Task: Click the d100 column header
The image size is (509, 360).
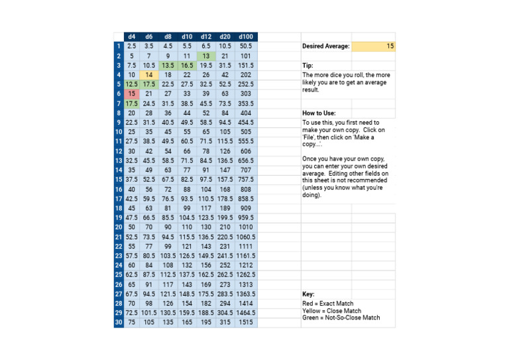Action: point(246,36)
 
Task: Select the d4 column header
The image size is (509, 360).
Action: point(131,36)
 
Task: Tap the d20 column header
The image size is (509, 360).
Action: point(225,36)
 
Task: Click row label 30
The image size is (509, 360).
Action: point(118,322)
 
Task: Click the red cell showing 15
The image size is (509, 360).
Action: point(131,94)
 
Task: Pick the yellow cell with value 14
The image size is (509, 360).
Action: point(149,75)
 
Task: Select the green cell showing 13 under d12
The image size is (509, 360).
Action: point(206,56)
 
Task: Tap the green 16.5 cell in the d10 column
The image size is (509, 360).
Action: point(187,66)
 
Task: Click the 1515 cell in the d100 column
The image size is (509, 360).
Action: point(246,322)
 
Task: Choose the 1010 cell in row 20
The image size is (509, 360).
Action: point(246,227)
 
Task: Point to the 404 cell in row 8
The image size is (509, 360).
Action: point(246,113)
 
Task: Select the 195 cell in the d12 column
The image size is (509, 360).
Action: point(206,322)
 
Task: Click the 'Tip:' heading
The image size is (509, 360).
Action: point(308,66)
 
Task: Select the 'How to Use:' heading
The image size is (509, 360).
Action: point(319,113)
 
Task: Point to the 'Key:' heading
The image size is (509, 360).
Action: point(308,294)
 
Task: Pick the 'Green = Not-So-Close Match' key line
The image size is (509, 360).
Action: point(341,318)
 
